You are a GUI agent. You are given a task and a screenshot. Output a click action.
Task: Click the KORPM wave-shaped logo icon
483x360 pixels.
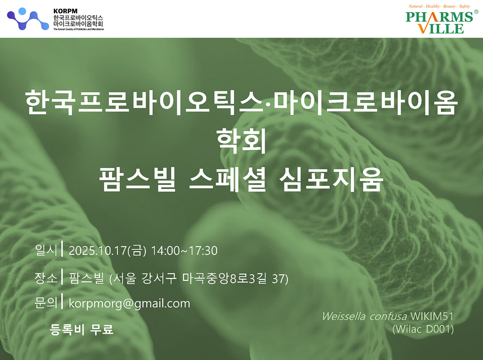pyautogui.click(x=28, y=19)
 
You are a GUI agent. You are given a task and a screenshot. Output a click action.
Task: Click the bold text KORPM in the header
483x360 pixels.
pyautogui.click(x=65, y=11)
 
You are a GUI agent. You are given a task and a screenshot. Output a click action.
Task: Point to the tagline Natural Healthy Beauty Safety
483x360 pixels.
pyautogui.click(x=439, y=6)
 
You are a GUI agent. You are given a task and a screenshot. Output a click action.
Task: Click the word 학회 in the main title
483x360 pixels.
pyautogui.click(x=241, y=140)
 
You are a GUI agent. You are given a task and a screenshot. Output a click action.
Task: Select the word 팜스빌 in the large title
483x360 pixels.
pyautogui.click(x=137, y=180)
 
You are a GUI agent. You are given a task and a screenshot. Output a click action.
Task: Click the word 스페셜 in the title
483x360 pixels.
pyautogui.click(x=227, y=180)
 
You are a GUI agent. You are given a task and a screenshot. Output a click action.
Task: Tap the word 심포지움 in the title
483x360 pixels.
pyautogui.click(x=332, y=180)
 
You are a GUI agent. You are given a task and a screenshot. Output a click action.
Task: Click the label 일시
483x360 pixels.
pyautogui.click(x=46, y=250)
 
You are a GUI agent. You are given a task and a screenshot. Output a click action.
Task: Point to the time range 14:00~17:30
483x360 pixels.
pyautogui.click(x=184, y=251)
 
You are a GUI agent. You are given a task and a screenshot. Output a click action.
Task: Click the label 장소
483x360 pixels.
pyautogui.click(x=46, y=278)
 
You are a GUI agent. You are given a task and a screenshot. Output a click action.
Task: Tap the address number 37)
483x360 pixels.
pyautogui.click(x=280, y=279)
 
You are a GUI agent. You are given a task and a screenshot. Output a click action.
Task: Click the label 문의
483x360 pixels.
pyautogui.click(x=46, y=303)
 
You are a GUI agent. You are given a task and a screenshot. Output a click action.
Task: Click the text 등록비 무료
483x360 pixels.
pyautogui.click(x=81, y=329)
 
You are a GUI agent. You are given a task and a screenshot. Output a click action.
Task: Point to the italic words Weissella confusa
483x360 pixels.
pyautogui.click(x=365, y=316)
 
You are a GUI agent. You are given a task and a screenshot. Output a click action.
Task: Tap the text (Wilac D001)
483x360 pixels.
pyautogui.click(x=423, y=329)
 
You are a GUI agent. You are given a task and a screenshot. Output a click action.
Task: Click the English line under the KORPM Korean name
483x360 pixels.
pyautogui.click(x=79, y=29)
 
